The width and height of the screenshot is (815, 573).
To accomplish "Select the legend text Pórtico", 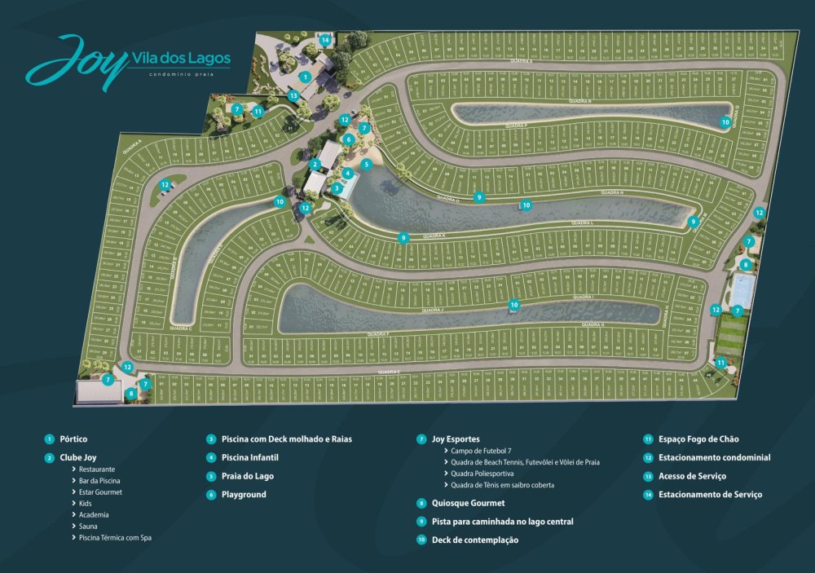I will point(73,439).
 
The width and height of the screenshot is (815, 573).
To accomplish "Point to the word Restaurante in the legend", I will point(97,469).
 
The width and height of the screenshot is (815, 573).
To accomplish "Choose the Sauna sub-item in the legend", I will point(89,526).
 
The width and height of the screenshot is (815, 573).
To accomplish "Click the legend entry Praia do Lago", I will point(248,475).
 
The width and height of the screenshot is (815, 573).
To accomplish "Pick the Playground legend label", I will point(244,494).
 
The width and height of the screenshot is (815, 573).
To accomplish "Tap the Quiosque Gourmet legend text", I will point(468,503).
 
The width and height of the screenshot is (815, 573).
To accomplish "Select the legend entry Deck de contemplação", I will point(474,540).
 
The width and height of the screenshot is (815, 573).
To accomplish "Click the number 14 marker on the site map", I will point(325,40).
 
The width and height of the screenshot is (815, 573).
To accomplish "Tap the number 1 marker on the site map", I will point(304,77).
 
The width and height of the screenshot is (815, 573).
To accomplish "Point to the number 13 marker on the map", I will point(293,95).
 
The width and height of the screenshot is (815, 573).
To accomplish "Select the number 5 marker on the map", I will point(367,164).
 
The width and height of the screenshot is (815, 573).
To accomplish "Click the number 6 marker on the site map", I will point(348,139).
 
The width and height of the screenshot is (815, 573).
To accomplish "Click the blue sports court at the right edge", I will point(741,287).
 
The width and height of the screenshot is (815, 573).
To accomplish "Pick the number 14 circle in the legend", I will point(648,494).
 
